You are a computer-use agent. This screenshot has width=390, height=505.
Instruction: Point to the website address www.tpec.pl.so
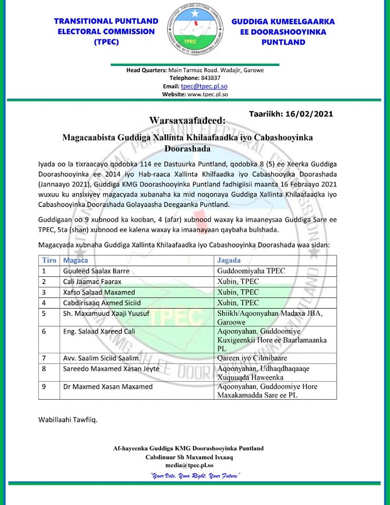coord(207,94)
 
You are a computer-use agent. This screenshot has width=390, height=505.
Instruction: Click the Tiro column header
coord(49,260)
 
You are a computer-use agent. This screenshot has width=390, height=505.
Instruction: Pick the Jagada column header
coord(229,260)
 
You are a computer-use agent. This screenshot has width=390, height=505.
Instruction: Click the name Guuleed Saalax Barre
coord(96,271)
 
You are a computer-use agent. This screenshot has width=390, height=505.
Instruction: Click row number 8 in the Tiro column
coord(45,369)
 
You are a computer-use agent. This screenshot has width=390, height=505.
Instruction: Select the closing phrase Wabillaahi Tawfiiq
coord(68,420)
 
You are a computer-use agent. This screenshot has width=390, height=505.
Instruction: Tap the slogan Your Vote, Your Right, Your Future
coord(195,476)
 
